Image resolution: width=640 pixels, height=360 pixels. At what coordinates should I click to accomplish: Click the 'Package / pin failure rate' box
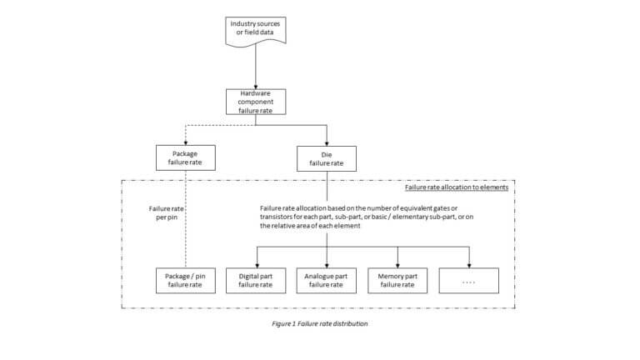(x=184, y=280)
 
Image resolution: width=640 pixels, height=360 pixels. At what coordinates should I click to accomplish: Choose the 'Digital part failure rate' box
(x=256, y=280)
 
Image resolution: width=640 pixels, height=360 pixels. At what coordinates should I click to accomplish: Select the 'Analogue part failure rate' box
(x=327, y=280)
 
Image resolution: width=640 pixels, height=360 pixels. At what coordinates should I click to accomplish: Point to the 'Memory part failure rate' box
(x=397, y=280)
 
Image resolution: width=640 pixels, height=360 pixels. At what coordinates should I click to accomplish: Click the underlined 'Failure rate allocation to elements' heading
(x=457, y=188)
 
